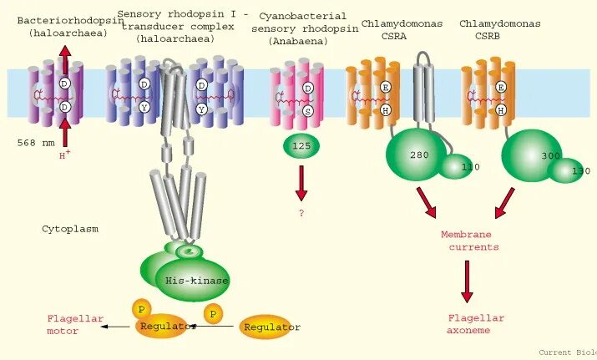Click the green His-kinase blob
coord(195,278)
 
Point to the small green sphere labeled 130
coord(566,170)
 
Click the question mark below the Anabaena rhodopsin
coord(301,213)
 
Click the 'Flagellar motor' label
coord(74,324)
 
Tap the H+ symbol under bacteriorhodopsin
coord(63,155)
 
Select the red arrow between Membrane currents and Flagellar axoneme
coord(467,281)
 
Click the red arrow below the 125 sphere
coord(301,182)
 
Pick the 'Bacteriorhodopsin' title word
coord(58,20)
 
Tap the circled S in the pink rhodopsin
coord(308,110)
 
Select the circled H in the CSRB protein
coord(501,109)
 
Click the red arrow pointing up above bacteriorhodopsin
coord(64,59)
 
